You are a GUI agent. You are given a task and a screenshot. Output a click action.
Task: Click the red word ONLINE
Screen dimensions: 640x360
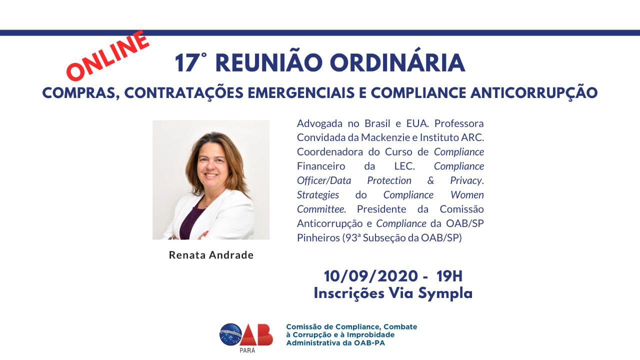tap(108, 55)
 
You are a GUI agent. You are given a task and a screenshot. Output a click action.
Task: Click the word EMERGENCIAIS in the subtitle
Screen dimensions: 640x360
tap(301, 93)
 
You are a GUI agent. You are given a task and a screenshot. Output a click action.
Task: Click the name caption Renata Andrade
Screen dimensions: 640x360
tap(211, 255)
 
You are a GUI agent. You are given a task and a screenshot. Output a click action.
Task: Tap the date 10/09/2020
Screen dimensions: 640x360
tap(371, 276)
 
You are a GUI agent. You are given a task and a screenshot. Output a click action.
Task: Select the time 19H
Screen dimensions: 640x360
tap(449, 276)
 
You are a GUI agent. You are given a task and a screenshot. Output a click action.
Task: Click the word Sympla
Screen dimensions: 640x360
tap(445, 294)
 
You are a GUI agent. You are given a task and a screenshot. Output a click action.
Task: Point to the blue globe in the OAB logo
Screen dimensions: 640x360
tap(231, 334)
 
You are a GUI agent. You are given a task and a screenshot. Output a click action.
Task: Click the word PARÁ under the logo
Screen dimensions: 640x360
tap(247, 350)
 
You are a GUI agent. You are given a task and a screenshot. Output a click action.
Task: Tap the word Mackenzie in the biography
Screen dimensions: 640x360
tap(385, 137)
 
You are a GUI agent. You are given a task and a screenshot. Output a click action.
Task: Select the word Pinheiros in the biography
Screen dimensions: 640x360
tap(318, 237)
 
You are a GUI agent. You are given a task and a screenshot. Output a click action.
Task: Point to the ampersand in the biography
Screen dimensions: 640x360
tap(430, 180)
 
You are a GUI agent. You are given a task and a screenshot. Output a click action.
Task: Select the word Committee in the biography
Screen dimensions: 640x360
tap(321, 209)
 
